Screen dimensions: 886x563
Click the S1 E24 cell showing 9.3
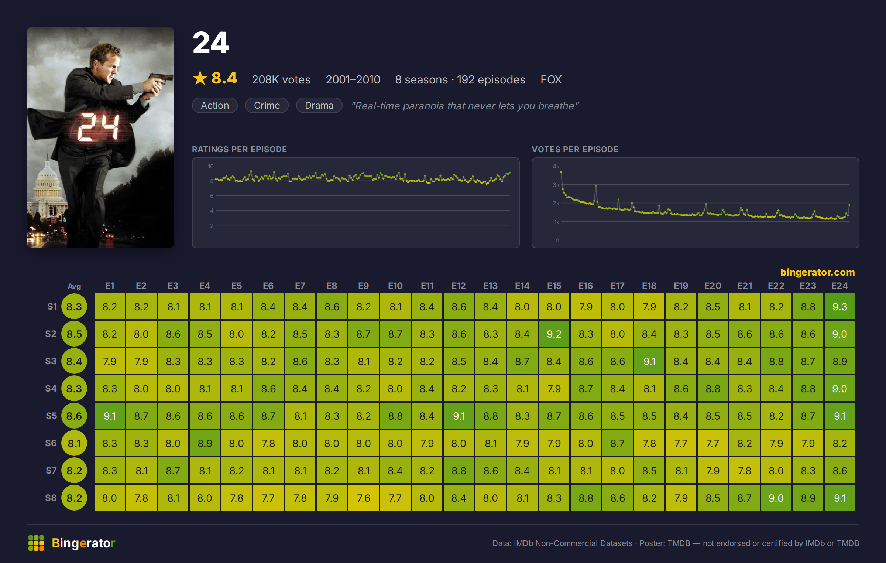[x=839, y=307]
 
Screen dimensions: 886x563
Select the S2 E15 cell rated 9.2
[x=554, y=334]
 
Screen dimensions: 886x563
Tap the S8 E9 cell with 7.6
[x=363, y=498]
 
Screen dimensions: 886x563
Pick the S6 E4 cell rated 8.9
[x=205, y=443]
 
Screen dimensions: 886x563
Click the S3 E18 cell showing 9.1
[x=649, y=361]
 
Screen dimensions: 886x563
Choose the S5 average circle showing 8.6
[x=74, y=416]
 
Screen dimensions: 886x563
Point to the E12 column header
[x=459, y=286]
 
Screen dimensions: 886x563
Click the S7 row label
[x=51, y=470]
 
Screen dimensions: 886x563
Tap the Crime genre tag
[x=267, y=105]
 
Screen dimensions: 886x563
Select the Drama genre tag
[x=319, y=105]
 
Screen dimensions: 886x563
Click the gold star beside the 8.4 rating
[x=200, y=78]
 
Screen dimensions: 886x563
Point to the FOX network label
[x=551, y=79]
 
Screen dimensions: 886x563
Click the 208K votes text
[x=281, y=79]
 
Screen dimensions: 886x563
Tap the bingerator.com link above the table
[x=817, y=272]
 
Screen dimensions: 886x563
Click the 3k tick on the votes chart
[x=556, y=185]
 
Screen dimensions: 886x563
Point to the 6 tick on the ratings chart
[x=212, y=196]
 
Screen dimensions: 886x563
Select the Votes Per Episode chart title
[x=575, y=149]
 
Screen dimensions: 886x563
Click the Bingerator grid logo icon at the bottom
[x=36, y=543]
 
